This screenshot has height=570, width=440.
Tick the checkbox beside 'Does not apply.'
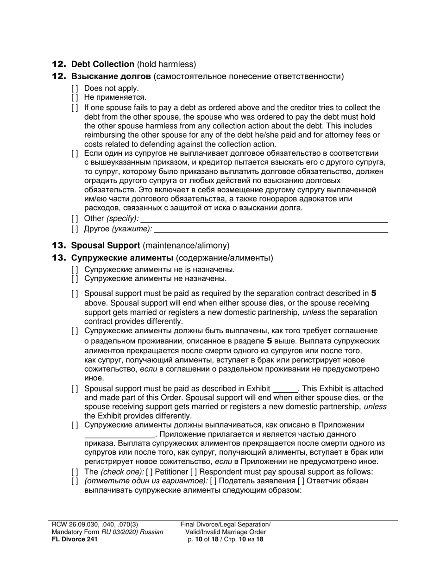75,88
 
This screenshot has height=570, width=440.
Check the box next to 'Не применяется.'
75,97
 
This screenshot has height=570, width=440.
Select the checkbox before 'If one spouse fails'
75,108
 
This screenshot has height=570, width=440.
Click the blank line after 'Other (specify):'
264,218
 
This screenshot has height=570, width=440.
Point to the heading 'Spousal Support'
106,246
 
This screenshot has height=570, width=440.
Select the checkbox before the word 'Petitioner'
149,472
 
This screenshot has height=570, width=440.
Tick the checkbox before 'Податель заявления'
213,481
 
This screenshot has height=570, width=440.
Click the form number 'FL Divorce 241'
75,539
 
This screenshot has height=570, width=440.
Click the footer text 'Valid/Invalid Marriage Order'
225,532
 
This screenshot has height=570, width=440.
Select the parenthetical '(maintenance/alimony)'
186,246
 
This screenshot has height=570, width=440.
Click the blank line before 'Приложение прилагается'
119,435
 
